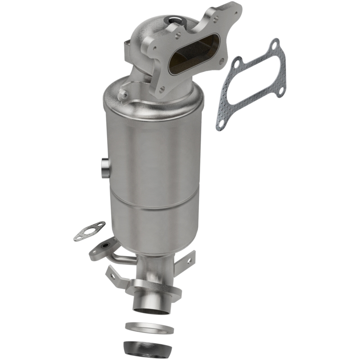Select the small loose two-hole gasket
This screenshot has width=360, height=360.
tap(89, 231)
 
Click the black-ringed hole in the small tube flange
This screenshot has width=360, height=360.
tap(104, 247)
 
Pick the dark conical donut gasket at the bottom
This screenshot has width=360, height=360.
tap(148, 347)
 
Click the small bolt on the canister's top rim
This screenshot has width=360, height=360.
tap(121, 94)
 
